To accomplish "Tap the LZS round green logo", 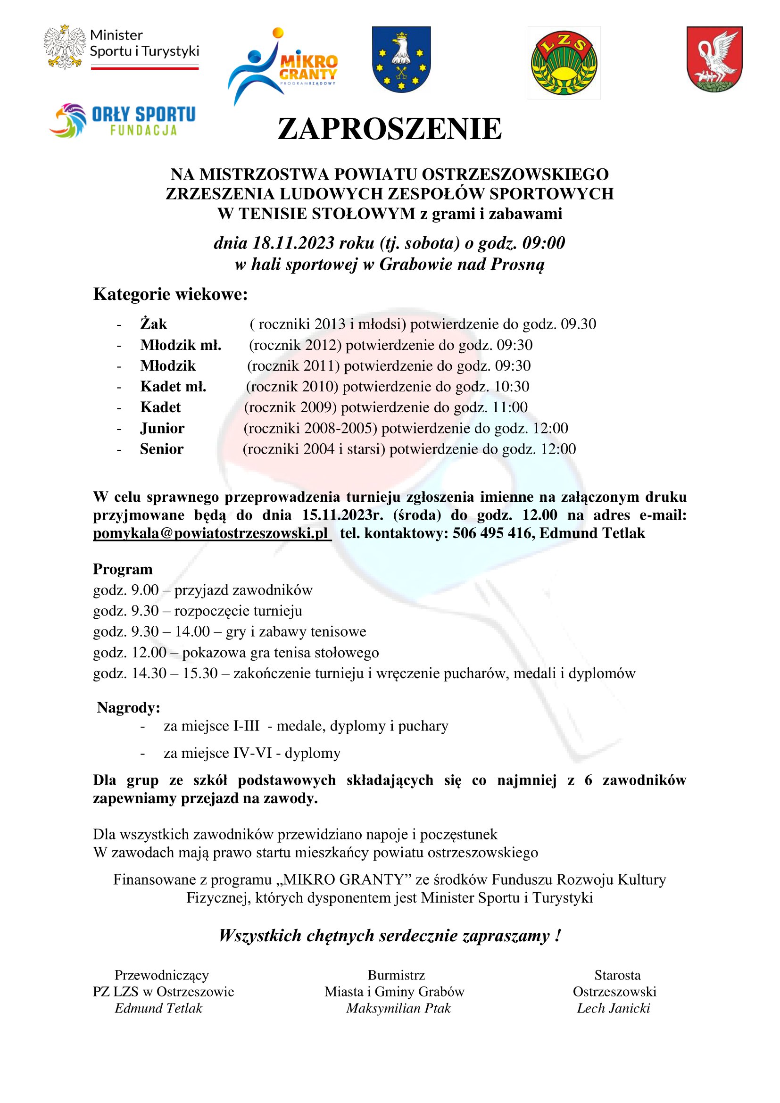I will pos(564,63).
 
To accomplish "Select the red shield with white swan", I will pos(714,59).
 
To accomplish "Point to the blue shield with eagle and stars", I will pos(401,59).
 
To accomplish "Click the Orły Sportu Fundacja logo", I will pos(123,120).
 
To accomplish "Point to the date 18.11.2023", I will pos(293,243).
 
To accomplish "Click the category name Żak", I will pos(154,324).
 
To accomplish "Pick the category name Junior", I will pos(162,428).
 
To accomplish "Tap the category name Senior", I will pos(162,449).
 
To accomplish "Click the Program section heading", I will pos(123,569).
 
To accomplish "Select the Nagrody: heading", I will pos(129,708).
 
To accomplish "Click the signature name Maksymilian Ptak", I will pos(398,1008).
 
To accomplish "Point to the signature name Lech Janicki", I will pos(614,1008).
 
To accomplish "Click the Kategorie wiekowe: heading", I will pos(171,294).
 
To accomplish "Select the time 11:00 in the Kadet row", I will pos(510,407).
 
